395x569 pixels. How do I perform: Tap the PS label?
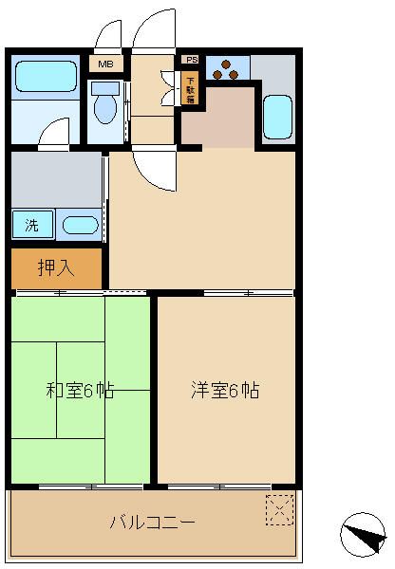tap(191, 59)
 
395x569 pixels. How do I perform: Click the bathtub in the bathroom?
tap(45, 76)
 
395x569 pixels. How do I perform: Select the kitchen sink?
tap(276, 116)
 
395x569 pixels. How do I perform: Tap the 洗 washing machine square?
tap(32, 225)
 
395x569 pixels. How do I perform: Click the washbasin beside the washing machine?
tap(80, 226)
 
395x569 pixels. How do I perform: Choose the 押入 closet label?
tap(54, 268)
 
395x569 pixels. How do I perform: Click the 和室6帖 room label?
tap(81, 390)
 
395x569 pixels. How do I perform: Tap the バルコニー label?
tap(152, 522)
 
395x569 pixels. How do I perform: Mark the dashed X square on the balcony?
tap(279, 509)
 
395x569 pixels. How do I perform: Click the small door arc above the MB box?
tap(106, 35)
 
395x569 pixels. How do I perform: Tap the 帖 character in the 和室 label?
tap(106, 390)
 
